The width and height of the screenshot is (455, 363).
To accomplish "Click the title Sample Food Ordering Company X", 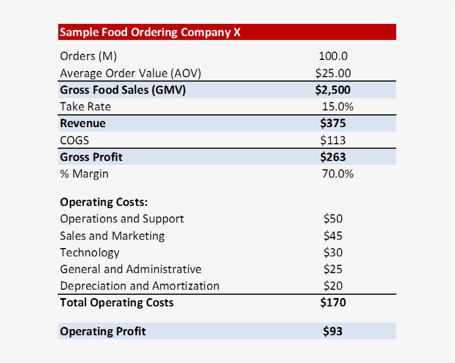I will (150, 32).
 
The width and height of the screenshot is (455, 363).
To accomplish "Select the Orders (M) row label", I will (88, 56).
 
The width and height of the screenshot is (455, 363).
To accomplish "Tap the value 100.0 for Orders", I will (333, 56).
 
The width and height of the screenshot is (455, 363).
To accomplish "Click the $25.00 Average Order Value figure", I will (333, 73).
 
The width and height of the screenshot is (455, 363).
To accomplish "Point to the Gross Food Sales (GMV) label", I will (123, 90).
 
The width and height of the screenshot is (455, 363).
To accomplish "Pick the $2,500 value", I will (333, 90).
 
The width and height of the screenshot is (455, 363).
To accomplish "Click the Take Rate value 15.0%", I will (337, 107).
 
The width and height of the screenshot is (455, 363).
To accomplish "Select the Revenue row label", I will (83, 123).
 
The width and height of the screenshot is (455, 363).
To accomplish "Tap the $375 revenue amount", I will (333, 123).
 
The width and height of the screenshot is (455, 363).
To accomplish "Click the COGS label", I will (74, 140).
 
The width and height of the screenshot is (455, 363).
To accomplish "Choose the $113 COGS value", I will (333, 140).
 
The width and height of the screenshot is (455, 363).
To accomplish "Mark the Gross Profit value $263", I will (333, 157).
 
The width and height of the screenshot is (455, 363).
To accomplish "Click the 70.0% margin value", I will (337, 174).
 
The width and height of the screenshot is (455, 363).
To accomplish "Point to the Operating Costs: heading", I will (104, 202).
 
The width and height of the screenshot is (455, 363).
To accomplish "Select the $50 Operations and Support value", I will (333, 219).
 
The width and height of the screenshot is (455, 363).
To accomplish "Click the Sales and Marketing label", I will (112, 235).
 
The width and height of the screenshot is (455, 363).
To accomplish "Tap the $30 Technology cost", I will (333, 253).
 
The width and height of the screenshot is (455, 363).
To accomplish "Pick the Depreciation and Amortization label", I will (139, 286).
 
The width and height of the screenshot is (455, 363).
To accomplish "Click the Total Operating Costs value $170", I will (333, 302).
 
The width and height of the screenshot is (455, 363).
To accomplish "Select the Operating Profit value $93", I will (333, 331).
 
